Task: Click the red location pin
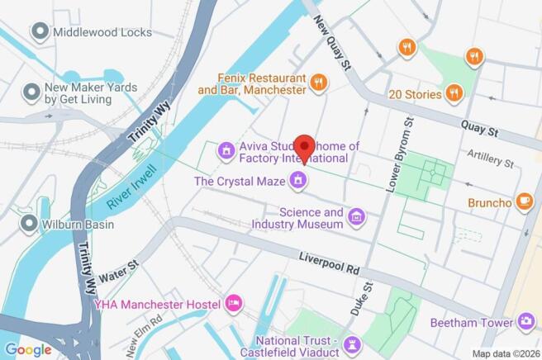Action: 304,147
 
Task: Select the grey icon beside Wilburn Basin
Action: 31,223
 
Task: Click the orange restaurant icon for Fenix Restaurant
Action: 317,81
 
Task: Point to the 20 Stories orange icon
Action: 454,94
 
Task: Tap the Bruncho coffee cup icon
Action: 524,201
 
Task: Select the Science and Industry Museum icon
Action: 356,217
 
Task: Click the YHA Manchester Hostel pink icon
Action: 234,304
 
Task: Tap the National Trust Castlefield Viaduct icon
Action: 353,343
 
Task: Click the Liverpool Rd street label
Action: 330,265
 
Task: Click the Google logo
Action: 28,348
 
